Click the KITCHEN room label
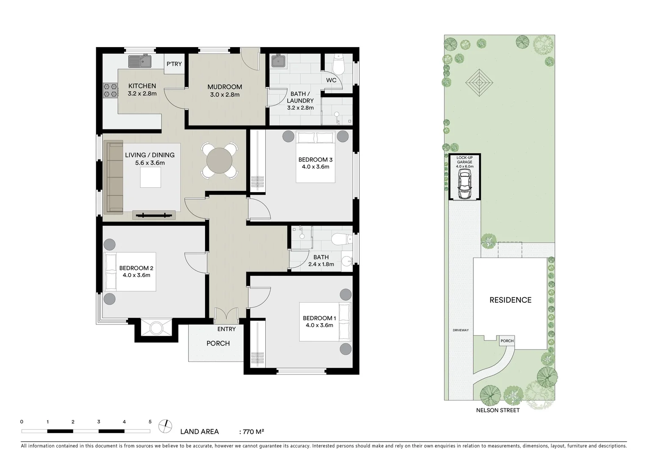point(142,86)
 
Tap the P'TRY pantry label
point(174,64)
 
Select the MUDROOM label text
point(225,87)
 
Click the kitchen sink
point(140,61)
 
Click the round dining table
point(219,161)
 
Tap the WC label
point(331,80)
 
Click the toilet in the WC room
point(339,64)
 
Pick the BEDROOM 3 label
point(315,159)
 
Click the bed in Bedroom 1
point(325,321)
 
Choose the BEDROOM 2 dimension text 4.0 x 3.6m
point(136,275)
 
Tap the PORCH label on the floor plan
point(218,343)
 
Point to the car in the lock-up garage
point(464,185)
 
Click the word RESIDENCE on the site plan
point(510,300)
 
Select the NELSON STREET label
point(498,410)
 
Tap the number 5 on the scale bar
point(150,422)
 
